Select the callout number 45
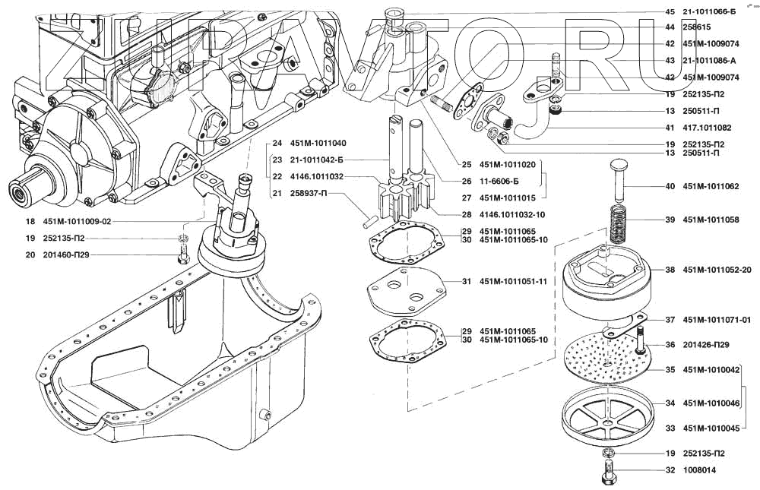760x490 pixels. tap(670, 11)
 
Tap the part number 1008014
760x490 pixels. tap(701, 470)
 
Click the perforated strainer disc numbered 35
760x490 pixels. tap(608, 360)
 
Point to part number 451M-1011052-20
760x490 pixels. tap(717, 270)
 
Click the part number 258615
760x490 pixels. tap(697, 27)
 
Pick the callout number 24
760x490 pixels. tap(277, 144)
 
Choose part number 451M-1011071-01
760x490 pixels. tap(717, 320)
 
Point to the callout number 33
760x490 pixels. tap(670, 428)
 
